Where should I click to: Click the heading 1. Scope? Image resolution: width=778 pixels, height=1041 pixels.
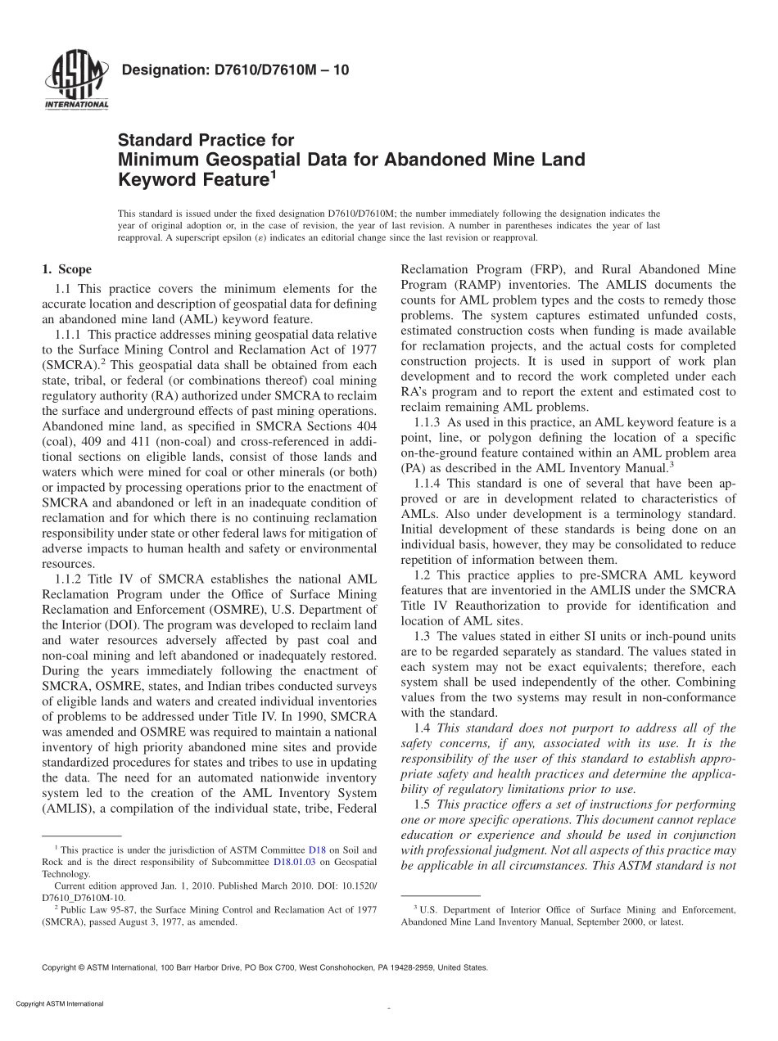coord(66,269)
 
